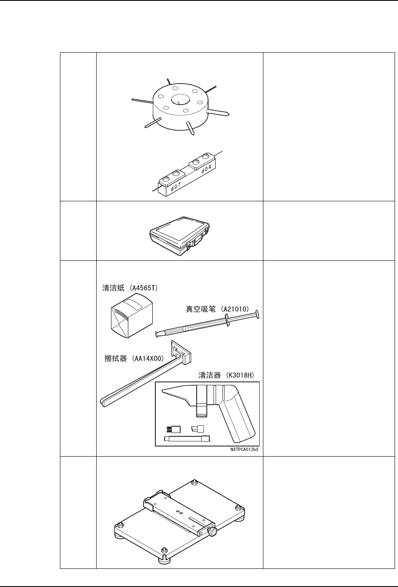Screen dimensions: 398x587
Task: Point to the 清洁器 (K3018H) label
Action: (226, 375)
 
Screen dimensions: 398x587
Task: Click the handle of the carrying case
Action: (197, 243)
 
